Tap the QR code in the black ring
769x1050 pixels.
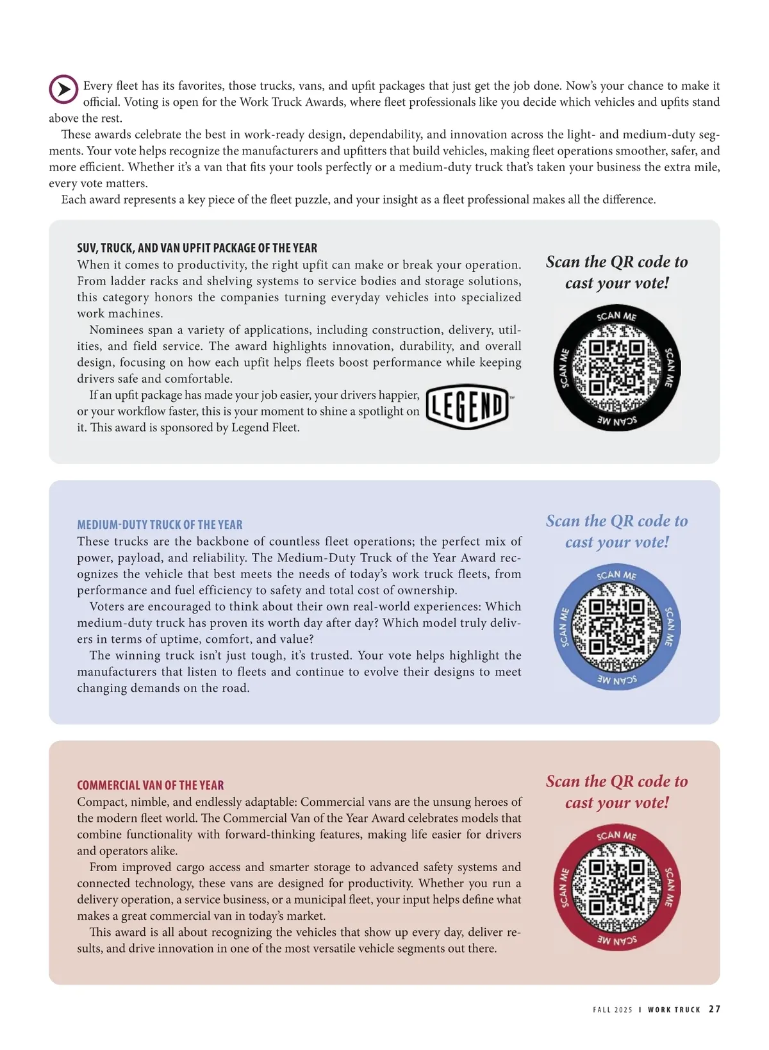coord(616,367)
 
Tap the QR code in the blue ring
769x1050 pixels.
coord(616,626)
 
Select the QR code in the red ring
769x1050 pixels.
coord(616,887)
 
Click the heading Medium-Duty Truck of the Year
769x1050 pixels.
coord(160,524)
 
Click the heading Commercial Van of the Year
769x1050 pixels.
coord(150,785)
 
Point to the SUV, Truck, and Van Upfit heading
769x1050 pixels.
coord(197,248)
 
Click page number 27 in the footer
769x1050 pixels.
coord(715,1009)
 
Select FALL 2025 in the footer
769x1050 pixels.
coord(612,1010)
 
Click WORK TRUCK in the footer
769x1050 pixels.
coord(674,1010)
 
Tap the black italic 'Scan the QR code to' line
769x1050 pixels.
coord(616,262)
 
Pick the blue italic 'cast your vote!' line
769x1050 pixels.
coord(616,542)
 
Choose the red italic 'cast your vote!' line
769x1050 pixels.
coord(616,803)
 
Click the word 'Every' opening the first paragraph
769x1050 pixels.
coord(97,86)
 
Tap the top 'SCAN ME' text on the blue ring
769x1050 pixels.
coord(616,575)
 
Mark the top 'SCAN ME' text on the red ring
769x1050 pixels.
coord(616,835)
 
